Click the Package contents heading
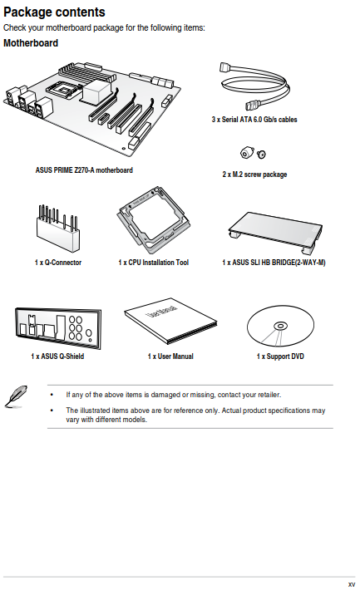[54, 12]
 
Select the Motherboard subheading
[31, 43]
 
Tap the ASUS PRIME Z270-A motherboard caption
[84, 170]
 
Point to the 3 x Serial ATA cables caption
[254, 120]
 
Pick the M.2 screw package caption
[254, 175]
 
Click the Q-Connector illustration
[58, 229]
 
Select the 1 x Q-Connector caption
[58, 263]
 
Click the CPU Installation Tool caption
[153, 263]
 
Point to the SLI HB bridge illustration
[275, 231]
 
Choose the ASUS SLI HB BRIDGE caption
[274, 263]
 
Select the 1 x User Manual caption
[170, 356]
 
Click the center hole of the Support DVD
[280, 326]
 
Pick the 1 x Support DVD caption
[280, 356]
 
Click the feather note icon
[16, 396]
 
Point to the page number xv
[352, 584]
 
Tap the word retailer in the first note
[269, 395]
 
